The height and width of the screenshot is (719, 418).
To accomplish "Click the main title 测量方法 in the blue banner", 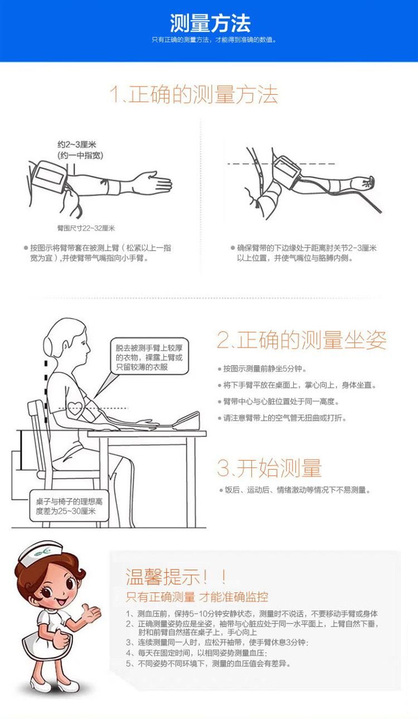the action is coord(210,23).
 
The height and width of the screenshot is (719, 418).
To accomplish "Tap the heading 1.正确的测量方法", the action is coord(194,94).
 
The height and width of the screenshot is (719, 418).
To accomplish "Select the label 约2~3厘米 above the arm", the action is coord(77,144).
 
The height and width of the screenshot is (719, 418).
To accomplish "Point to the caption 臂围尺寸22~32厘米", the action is coord(86,228).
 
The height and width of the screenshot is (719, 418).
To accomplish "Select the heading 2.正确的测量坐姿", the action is coord(302,340).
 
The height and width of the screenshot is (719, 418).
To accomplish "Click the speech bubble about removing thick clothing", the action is coord(149,356).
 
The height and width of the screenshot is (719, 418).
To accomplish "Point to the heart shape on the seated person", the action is coord(75,408).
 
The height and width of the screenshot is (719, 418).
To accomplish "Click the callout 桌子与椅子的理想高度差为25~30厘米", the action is coord(69,506).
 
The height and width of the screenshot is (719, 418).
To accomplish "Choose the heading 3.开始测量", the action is coord(269,467).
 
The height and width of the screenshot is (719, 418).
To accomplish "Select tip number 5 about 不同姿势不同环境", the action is coord(208,663).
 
